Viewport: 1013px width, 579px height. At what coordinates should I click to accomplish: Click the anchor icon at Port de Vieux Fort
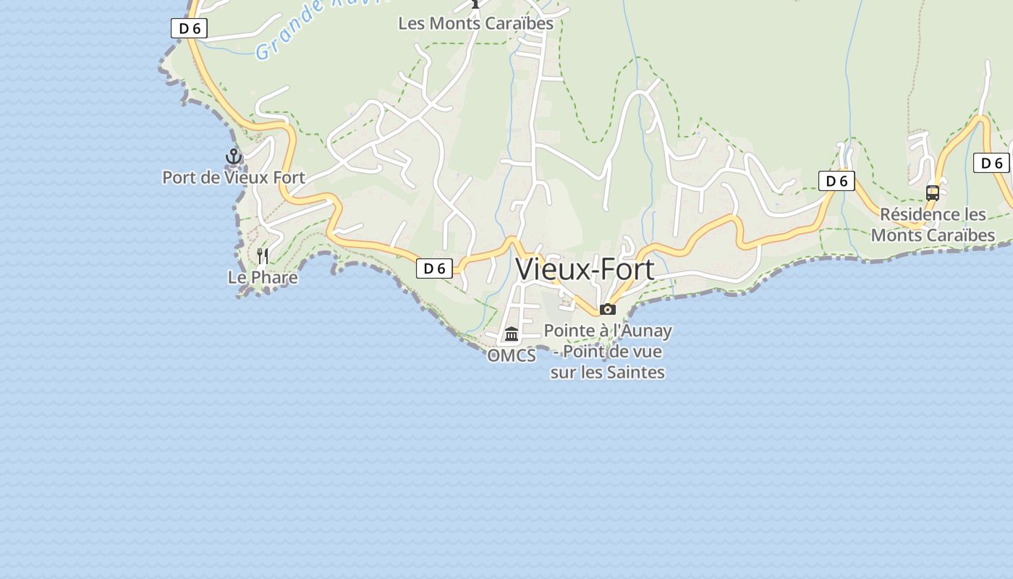pos(233,156)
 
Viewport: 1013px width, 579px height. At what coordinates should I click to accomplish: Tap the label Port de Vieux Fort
pos(234,177)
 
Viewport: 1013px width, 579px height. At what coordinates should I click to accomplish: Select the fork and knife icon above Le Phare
pos(263,255)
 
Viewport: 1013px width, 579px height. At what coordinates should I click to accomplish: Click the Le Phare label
pos(263,277)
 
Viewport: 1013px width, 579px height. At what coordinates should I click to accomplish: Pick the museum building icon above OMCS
pos(512,334)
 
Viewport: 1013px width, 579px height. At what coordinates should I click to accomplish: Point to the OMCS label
pos(512,355)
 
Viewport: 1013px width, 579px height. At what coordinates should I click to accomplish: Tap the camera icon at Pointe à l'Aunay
pos(608,309)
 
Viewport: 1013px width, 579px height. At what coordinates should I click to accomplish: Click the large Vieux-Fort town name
pos(585,269)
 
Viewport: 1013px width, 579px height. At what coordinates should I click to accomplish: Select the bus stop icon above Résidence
pos(933,193)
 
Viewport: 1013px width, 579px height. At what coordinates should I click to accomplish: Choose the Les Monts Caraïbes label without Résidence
pos(475,23)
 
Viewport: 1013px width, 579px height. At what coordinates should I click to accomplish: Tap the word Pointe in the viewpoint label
pos(567,331)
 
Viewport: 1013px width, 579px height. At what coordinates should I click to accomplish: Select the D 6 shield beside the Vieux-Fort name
pos(434,269)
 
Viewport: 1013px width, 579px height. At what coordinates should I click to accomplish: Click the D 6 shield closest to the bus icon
pos(991,163)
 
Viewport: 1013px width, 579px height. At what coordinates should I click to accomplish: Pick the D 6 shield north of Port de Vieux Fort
pos(189,28)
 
